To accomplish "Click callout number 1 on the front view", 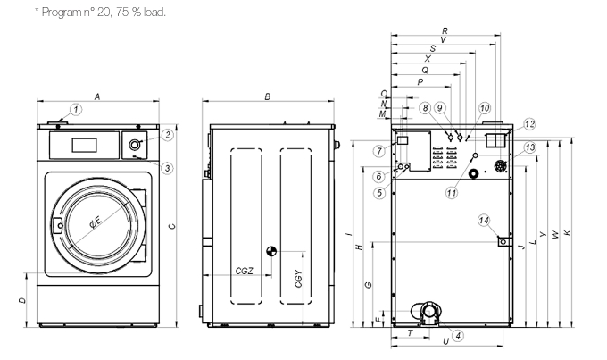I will pos(77,110).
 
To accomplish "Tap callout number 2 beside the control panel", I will pos(167,135).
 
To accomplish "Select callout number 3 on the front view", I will pos(167,167).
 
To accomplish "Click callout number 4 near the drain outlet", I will pos(457,336).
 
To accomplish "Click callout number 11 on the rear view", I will pos(453,192).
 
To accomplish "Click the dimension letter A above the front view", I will pos(96,96).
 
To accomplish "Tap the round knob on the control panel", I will pos(136,145).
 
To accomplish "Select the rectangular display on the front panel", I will pos(85,143).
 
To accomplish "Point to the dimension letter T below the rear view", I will pos(410,332).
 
